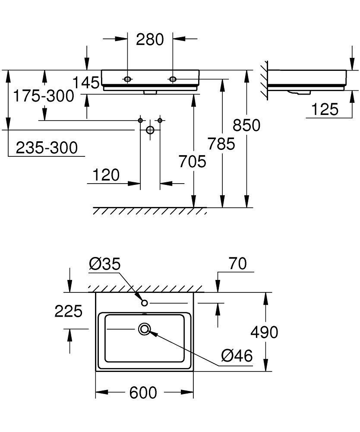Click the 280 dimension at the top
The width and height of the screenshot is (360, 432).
[x=150, y=40]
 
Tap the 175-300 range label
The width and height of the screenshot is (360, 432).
[x=43, y=96]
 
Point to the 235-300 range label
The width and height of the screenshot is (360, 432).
[x=47, y=148]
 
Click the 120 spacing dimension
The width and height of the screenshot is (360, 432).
[x=106, y=175]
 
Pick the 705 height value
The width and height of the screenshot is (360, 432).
[x=192, y=162]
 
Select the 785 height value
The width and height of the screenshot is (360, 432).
[x=221, y=143]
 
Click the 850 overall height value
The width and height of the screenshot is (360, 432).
[x=246, y=125]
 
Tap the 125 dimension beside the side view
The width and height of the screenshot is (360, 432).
[x=324, y=109]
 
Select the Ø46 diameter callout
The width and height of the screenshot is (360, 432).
[x=236, y=356]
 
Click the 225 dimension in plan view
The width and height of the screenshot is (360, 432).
[x=68, y=311]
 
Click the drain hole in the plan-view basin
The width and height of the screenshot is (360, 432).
[x=144, y=330]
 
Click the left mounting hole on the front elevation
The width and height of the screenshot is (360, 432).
[x=128, y=79]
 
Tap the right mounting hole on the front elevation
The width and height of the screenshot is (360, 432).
[x=173, y=79]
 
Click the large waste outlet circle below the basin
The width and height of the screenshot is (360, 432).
[x=150, y=130]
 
